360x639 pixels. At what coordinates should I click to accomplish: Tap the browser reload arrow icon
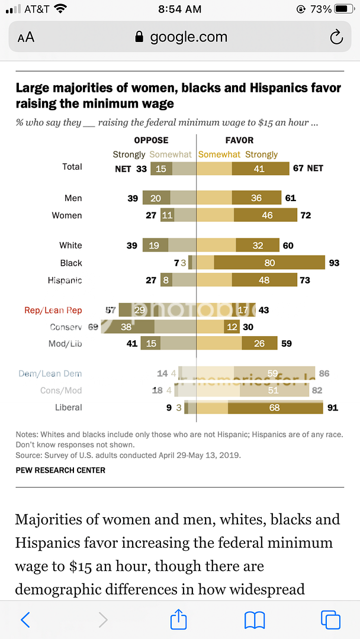[336, 37]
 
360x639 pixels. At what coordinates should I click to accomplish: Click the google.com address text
[188, 37]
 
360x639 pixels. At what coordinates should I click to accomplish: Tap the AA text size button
[26, 37]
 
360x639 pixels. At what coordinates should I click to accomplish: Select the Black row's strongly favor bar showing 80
[269, 263]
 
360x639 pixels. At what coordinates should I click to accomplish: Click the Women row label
[67, 215]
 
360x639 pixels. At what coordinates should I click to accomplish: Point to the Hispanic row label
[65, 280]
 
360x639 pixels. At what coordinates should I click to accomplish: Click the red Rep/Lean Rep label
[53, 310]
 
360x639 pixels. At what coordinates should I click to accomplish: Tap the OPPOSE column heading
[152, 140]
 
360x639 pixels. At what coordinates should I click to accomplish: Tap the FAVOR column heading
[239, 140]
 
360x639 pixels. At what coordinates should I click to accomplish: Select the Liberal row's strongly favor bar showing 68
[275, 407]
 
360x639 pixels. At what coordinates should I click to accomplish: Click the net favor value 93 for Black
[334, 263]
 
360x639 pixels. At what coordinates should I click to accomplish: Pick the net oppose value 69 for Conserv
[93, 327]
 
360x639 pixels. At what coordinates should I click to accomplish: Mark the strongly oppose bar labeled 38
[127, 327]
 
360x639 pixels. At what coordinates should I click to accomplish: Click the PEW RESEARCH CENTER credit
[60, 470]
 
